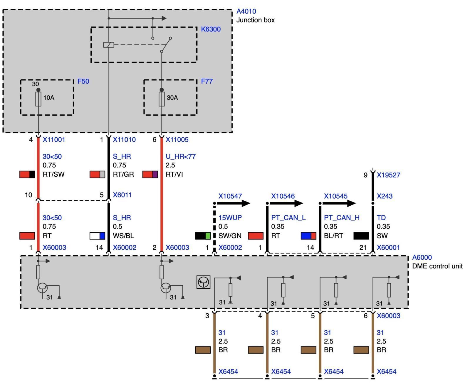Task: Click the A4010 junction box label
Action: pyautogui.click(x=246, y=11)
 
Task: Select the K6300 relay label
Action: pyautogui.click(x=211, y=29)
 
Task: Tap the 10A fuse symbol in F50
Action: pyautogui.click(x=38, y=99)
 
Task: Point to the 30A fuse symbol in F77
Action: pyautogui.click(x=162, y=99)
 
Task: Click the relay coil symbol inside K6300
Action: pyautogui.click(x=109, y=45)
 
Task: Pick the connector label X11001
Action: pyautogui.click(x=54, y=139)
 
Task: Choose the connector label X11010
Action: pyautogui.click(x=124, y=139)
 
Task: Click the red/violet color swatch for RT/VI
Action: pyautogui.click(x=150, y=174)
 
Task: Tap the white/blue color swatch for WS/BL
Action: pyautogui.click(x=97, y=236)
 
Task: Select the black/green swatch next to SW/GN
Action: pyautogui.click(x=203, y=236)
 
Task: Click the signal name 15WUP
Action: pyautogui.click(x=230, y=218)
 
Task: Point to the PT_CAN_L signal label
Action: pyautogui.click(x=288, y=218)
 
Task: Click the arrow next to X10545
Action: pyautogui.click(x=338, y=203)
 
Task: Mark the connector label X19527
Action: pyautogui.click(x=388, y=175)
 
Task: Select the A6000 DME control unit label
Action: pyautogui.click(x=422, y=257)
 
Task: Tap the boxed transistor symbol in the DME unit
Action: pyautogui.click(x=203, y=282)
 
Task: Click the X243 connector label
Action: pyautogui.click(x=385, y=196)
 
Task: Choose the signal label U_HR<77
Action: pyautogui.click(x=180, y=156)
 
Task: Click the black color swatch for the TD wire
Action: pyautogui.click(x=361, y=236)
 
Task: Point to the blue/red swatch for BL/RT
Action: pyautogui.click(x=308, y=236)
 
